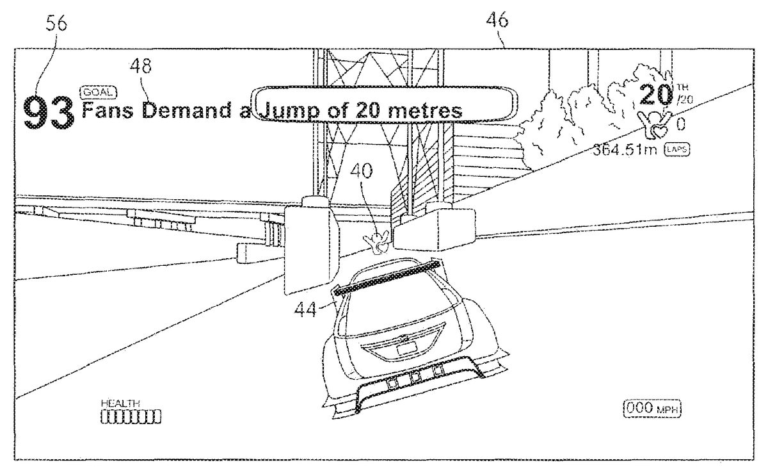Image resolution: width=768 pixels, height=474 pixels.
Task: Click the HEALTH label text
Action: point(120,403)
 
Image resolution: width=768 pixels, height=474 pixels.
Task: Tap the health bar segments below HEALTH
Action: point(131,417)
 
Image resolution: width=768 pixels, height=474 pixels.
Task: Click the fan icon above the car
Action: point(376,241)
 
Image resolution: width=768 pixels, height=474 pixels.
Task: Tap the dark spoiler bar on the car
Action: point(387,276)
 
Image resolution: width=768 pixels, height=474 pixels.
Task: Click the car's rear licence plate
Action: point(405,348)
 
